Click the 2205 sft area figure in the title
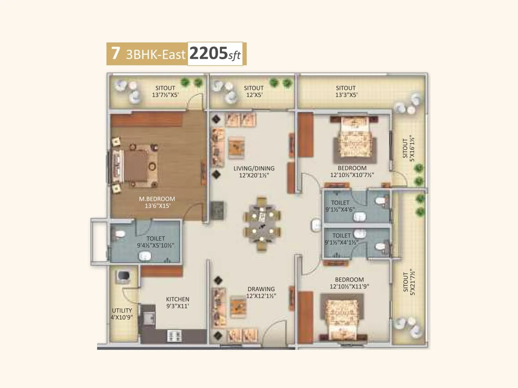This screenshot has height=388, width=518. point(215,53)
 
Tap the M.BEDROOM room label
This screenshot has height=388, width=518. point(157,202)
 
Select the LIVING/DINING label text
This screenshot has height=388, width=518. point(254,172)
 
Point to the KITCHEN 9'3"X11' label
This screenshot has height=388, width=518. point(177,303)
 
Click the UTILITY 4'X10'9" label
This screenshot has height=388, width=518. point(122,314)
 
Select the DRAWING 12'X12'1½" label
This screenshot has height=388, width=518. point(261,292)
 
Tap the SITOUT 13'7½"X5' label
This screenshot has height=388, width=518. point(165,91)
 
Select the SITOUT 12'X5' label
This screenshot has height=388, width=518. point(253,91)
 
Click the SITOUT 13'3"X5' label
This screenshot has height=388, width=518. point(346,91)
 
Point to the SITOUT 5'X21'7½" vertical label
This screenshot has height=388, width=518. point(409,282)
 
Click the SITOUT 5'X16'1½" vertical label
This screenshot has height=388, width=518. point(408,148)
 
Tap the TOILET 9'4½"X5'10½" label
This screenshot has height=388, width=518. point(155,242)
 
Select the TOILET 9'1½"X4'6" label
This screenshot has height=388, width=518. point(340,206)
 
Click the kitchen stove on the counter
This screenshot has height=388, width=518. point(174,336)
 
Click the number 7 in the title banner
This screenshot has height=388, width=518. point(116,53)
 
